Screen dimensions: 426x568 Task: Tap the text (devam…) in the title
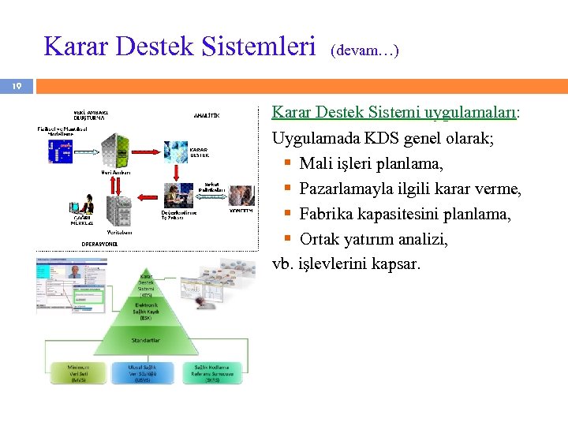(x=364, y=50)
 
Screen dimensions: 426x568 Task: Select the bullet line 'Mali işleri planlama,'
(x=371, y=163)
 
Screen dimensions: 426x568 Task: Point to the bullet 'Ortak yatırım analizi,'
(x=373, y=239)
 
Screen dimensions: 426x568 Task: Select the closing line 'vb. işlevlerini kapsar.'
(x=346, y=263)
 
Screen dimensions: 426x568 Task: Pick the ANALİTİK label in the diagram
(x=206, y=115)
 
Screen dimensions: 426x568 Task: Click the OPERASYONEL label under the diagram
(x=100, y=245)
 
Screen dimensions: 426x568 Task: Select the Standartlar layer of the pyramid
(x=148, y=340)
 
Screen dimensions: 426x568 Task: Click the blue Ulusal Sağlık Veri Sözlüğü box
(x=148, y=372)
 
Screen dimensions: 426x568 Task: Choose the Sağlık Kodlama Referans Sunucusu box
(x=212, y=372)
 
